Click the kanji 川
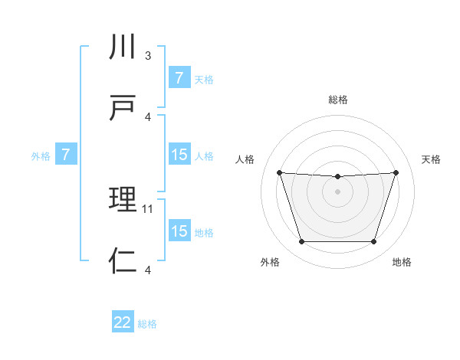[x=123, y=47]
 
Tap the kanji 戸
[x=123, y=107]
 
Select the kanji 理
[x=123, y=201]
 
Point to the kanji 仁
[x=123, y=260]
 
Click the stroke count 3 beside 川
[x=148, y=56]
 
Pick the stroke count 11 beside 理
[x=149, y=208]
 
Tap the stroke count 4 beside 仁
[x=148, y=269]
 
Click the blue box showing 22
[x=123, y=322]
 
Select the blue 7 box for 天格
[x=179, y=78]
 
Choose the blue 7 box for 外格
[x=66, y=155]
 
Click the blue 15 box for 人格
[x=179, y=155]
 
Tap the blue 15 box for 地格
[x=179, y=231]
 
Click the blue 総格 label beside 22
[x=147, y=324]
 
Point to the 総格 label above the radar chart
[x=337, y=100]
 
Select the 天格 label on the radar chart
[x=431, y=159]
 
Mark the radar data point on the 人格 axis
[x=279, y=172]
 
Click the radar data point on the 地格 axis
[x=374, y=242]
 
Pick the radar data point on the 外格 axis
[x=301, y=242]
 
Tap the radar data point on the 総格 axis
[x=337, y=177]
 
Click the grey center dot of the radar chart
[x=337, y=191]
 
